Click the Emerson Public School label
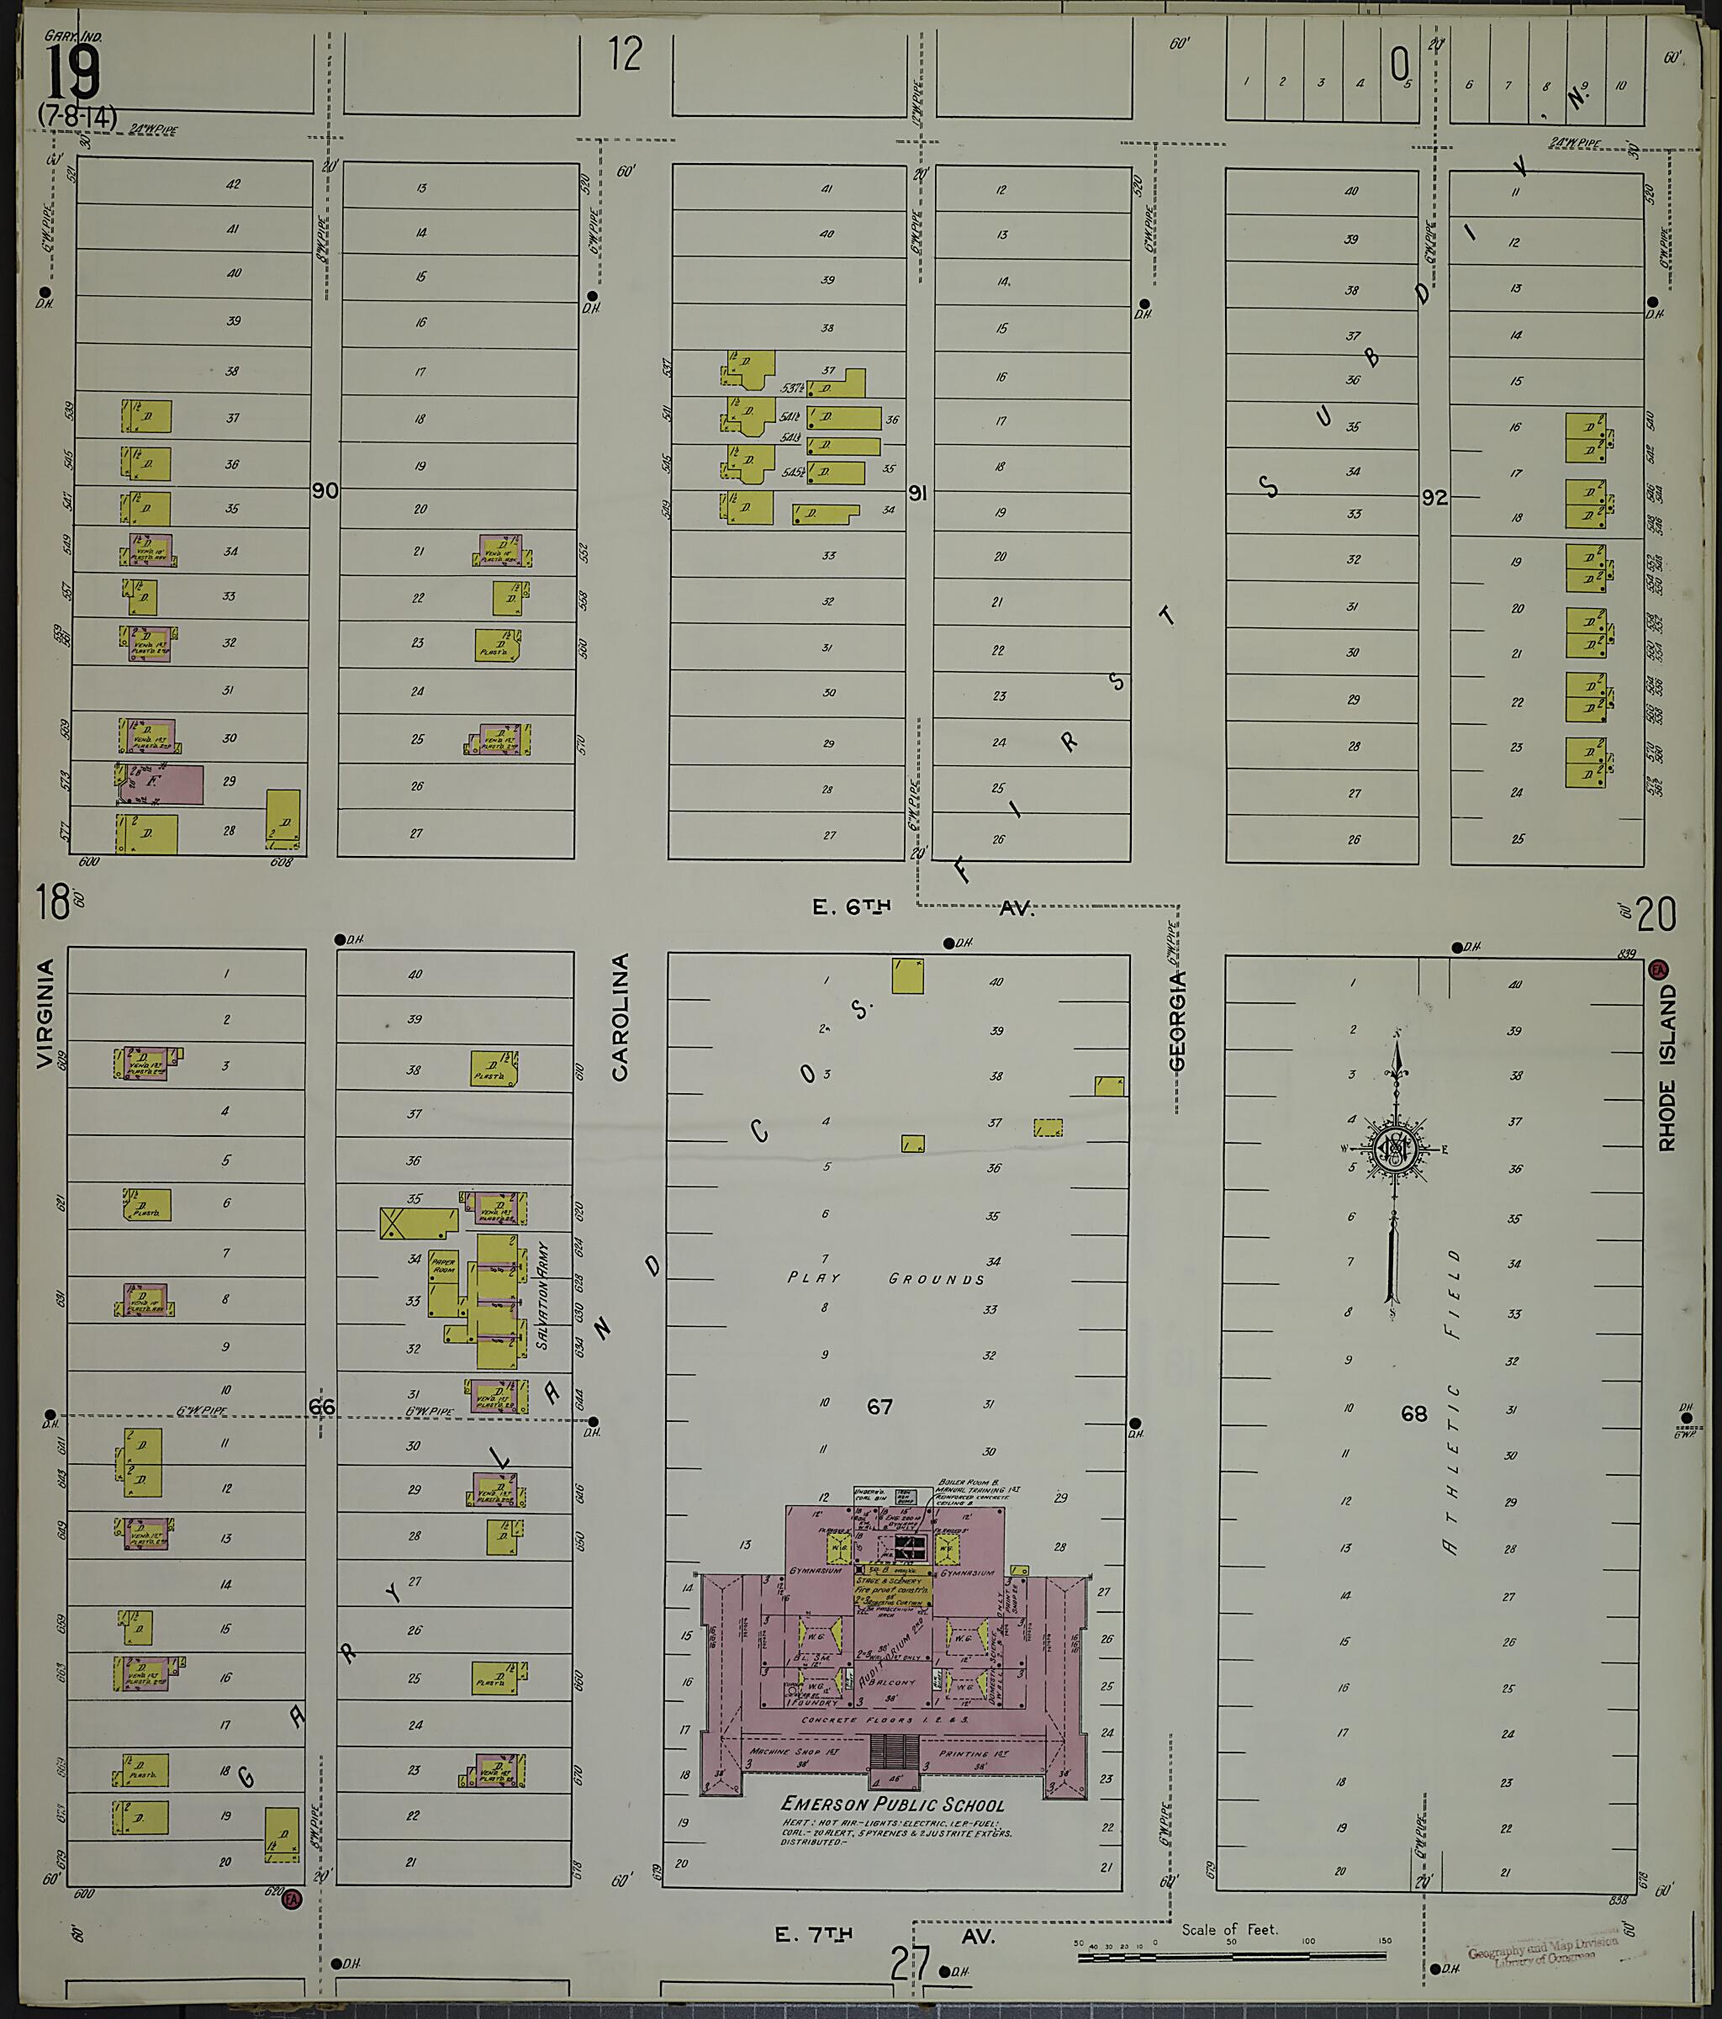(892, 1804)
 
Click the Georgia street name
(1177, 1020)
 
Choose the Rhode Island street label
(1667, 1066)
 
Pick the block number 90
(325, 490)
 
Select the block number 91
(917, 494)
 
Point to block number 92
(1434, 498)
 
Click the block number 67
(880, 1406)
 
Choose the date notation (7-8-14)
(77, 116)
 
